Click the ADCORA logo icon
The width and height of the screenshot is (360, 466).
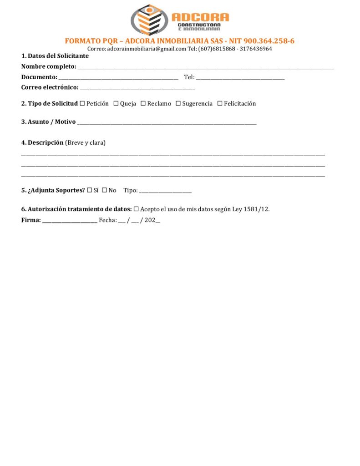[x=147, y=19]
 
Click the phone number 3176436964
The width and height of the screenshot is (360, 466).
[x=256, y=49]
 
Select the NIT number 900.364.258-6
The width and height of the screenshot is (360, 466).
[x=269, y=41]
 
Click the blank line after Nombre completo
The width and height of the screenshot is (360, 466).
[x=205, y=67]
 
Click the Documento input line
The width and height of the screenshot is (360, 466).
[x=118, y=78]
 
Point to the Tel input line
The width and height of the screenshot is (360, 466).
[x=240, y=78]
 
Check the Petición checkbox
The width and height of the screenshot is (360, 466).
[x=82, y=104]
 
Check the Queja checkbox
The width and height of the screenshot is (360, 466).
[x=116, y=104]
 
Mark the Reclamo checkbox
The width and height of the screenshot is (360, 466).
[x=143, y=104]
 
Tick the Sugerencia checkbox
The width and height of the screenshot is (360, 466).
[x=178, y=104]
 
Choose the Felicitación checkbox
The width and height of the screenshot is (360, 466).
[x=220, y=104]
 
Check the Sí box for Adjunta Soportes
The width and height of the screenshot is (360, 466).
[x=90, y=190]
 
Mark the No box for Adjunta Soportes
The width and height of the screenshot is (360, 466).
[x=104, y=190]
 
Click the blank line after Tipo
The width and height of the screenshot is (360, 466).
[x=165, y=191]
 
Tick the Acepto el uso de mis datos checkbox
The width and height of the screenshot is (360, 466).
[x=136, y=209]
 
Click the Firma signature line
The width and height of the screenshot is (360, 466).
[x=70, y=221]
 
